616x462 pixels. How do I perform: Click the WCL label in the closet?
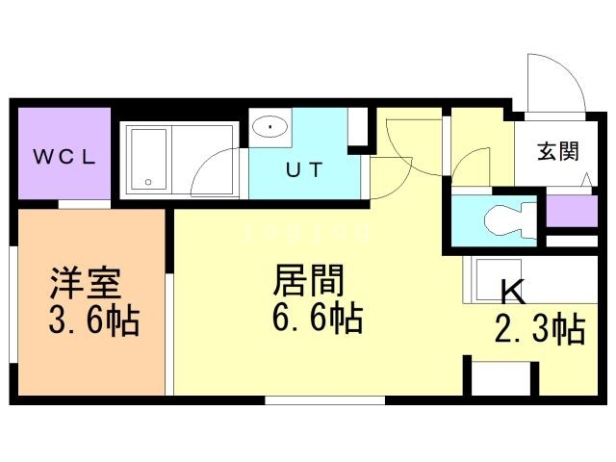pyautogui.click(x=65, y=155)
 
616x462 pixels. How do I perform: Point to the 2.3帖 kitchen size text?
pyautogui.click(x=539, y=330)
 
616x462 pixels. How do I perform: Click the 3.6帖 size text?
pyautogui.click(x=93, y=320)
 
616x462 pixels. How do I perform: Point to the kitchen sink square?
pyautogui.click(x=492, y=279)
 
